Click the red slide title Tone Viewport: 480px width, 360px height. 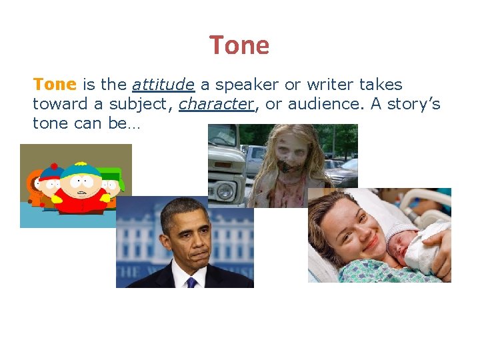[239, 45]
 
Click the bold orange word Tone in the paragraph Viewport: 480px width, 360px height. [55, 85]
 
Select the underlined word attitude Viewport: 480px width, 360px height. [163, 85]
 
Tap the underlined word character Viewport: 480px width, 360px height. [217, 104]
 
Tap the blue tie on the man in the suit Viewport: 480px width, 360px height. [191, 282]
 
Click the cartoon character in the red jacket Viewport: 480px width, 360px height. [80, 187]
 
